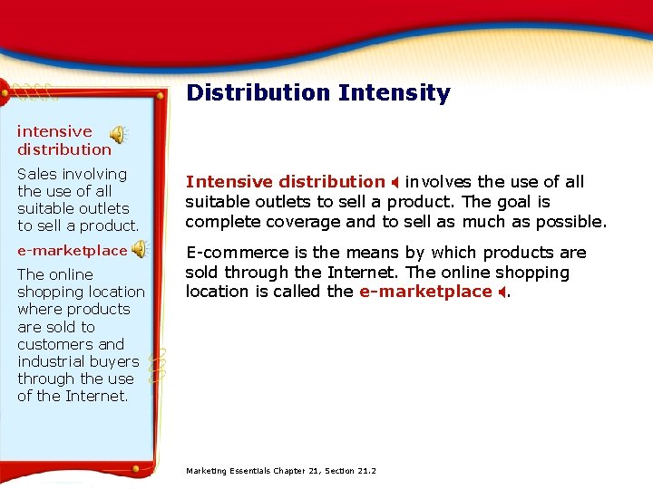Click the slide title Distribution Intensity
pos(317,92)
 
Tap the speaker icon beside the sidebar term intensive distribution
pos(119,134)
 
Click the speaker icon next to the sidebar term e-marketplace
pos(140,249)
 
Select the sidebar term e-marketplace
pos(73,250)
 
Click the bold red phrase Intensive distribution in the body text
pos(285,181)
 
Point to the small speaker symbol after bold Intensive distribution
pos(395,182)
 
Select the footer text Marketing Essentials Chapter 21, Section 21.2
pos(280,471)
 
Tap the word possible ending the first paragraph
pos(571,221)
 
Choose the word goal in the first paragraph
pos(526,201)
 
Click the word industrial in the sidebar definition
pos(54,361)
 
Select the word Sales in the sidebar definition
pos(36,173)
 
